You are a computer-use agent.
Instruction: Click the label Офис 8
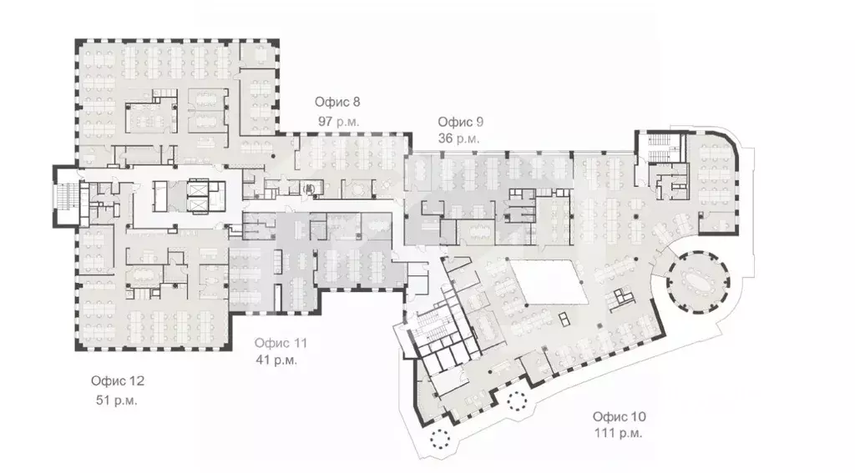click(337, 103)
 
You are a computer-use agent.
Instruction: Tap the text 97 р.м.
click(337, 121)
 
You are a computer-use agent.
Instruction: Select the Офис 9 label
click(461, 122)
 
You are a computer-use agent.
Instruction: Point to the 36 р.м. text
click(459, 139)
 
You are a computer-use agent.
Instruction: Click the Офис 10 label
click(620, 416)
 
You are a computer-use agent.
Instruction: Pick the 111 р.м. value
click(619, 433)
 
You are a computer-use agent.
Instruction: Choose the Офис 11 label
click(281, 343)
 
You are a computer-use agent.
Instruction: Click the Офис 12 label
click(118, 381)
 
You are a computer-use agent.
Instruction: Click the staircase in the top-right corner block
click(656, 149)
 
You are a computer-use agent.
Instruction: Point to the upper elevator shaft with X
click(198, 188)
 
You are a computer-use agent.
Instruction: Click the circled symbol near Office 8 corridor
click(308, 189)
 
